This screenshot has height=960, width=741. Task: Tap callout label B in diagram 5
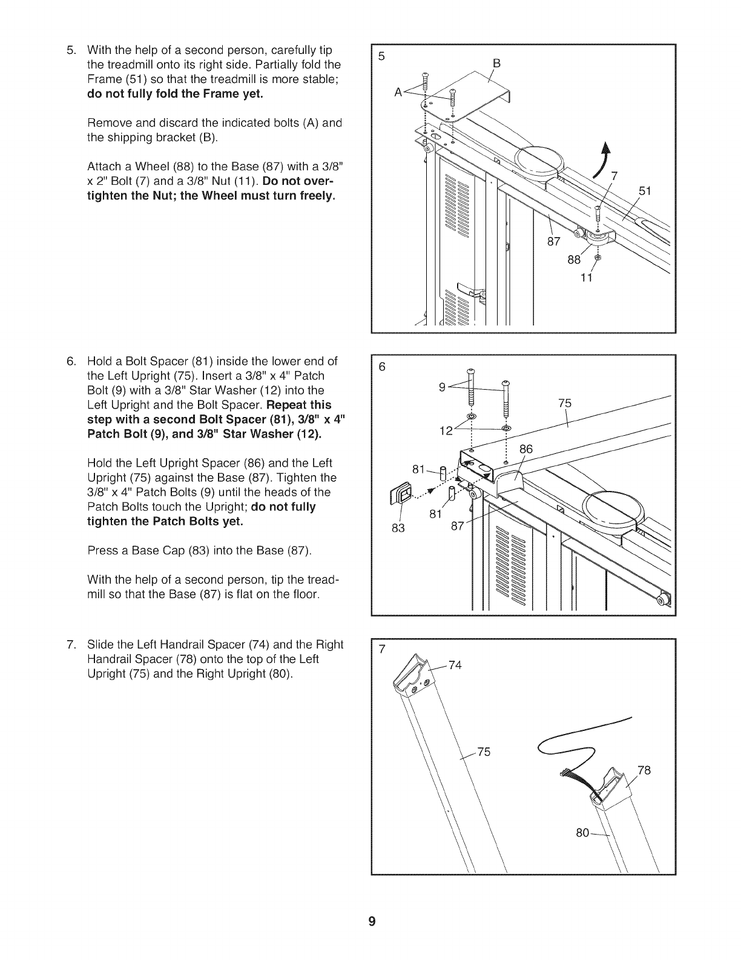pyautogui.click(x=497, y=62)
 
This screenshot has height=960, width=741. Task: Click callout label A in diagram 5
pyautogui.click(x=398, y=92)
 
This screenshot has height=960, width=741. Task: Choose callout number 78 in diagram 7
pyautogui.click(x=644, y=770)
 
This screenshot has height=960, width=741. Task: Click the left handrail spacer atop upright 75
pyautogui.click(x=414, y=677)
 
